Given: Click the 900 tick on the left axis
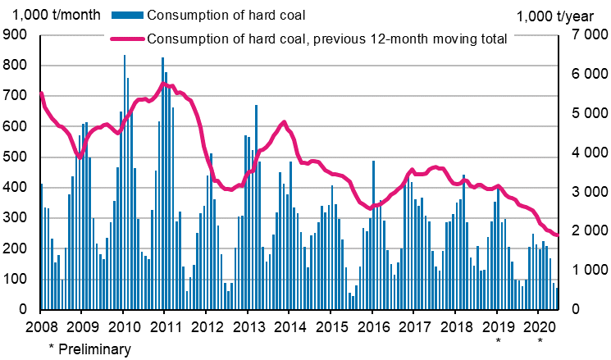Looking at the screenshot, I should [x=16, y=35].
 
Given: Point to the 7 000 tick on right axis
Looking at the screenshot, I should [x=580, y=35].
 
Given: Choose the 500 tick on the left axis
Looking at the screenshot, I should [x=16, y=157].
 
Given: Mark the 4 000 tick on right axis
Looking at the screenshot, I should [x=580, y=153].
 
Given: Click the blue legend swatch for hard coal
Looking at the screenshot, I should [x=121, y=15].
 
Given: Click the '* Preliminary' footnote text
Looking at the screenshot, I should [x=89, y=350].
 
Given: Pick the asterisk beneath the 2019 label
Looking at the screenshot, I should [x=497, y=339].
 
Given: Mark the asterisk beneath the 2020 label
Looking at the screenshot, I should [x=539, y=339].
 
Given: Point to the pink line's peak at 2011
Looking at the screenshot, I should [x=164, y=83].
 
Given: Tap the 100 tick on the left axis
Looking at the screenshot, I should [x=16, y=280].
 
